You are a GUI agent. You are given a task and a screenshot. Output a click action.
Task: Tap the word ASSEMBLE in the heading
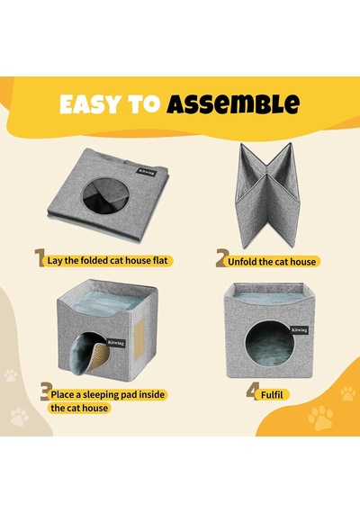233,104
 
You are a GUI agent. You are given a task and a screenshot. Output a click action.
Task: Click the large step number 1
40,257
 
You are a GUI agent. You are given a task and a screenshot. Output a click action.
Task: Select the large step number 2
222,257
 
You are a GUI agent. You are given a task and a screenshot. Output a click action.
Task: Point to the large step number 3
46,391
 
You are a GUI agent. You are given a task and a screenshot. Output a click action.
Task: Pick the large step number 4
253,391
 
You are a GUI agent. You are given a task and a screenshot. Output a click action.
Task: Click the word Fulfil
272,395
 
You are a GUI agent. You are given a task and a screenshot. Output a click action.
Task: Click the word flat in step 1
160,260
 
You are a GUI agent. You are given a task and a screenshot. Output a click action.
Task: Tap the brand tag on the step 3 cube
116,343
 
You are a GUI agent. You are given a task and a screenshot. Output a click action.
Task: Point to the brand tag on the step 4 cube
299,329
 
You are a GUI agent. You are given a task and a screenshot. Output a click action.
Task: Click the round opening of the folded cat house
105,195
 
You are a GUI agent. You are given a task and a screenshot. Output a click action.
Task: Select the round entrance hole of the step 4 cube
268,343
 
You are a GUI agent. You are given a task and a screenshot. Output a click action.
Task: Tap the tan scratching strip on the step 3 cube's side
140,340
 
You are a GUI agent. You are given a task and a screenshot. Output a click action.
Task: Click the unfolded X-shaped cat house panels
267,194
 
